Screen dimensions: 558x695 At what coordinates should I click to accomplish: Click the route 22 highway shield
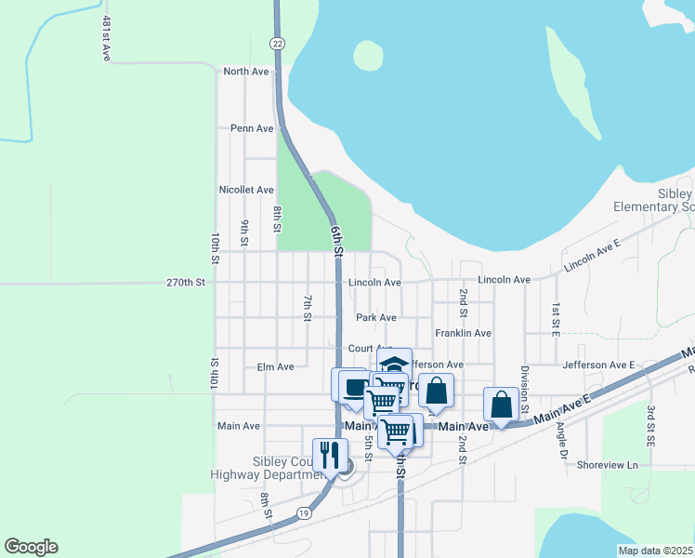tap(277, 44)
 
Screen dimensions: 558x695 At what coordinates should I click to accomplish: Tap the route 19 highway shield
tap(304, 512)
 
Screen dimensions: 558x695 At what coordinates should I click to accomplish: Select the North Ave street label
tap(245, 71)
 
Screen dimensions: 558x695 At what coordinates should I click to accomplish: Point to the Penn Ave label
tap(252, 128)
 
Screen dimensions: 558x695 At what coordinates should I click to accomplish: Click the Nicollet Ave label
tap(245, 190)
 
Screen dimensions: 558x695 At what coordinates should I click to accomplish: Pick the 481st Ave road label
tap(107, 38)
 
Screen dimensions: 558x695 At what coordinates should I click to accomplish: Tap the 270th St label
tap(184, 282)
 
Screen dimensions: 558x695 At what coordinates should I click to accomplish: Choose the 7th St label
tap(307, 308)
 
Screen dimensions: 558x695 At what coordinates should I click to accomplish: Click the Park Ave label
tap(375, 317)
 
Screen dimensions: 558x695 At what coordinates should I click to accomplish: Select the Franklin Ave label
tap(463, 333)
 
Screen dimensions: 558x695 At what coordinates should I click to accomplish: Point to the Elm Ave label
tap(275, 367)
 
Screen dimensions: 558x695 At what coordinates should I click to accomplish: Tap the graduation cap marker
tap(393, 364)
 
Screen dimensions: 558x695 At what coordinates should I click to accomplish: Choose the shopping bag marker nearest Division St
tap(501, 405)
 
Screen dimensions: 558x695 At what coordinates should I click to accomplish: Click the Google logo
tap(31, 547)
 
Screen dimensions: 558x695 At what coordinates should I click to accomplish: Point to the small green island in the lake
tap(368, 56)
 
